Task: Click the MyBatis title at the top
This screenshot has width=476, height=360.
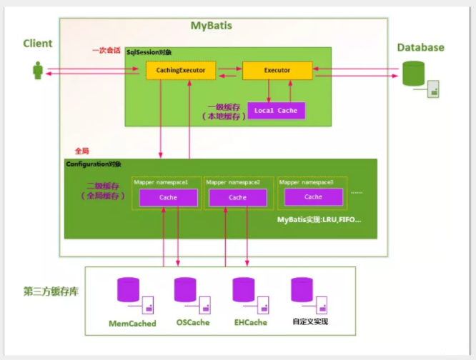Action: [211, 26]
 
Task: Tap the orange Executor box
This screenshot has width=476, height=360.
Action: [277, 71]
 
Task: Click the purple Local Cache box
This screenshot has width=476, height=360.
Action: [276, 111]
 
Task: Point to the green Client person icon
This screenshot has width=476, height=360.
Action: [38, 71]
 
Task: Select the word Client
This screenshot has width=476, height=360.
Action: [37, 44]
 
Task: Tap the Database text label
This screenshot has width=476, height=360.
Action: [420, 48]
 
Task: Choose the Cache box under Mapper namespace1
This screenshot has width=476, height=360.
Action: [168, 198]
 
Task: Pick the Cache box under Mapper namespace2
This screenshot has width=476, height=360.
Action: [237, 198]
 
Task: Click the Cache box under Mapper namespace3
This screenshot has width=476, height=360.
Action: [313, 196]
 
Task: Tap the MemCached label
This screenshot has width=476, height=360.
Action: [132, 323]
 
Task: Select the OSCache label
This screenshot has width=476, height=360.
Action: [192, 322]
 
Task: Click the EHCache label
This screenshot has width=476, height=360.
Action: [250, 322]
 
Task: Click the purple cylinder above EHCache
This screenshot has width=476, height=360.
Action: [244, 290]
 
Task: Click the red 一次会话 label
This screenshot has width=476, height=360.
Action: [106, 51]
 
